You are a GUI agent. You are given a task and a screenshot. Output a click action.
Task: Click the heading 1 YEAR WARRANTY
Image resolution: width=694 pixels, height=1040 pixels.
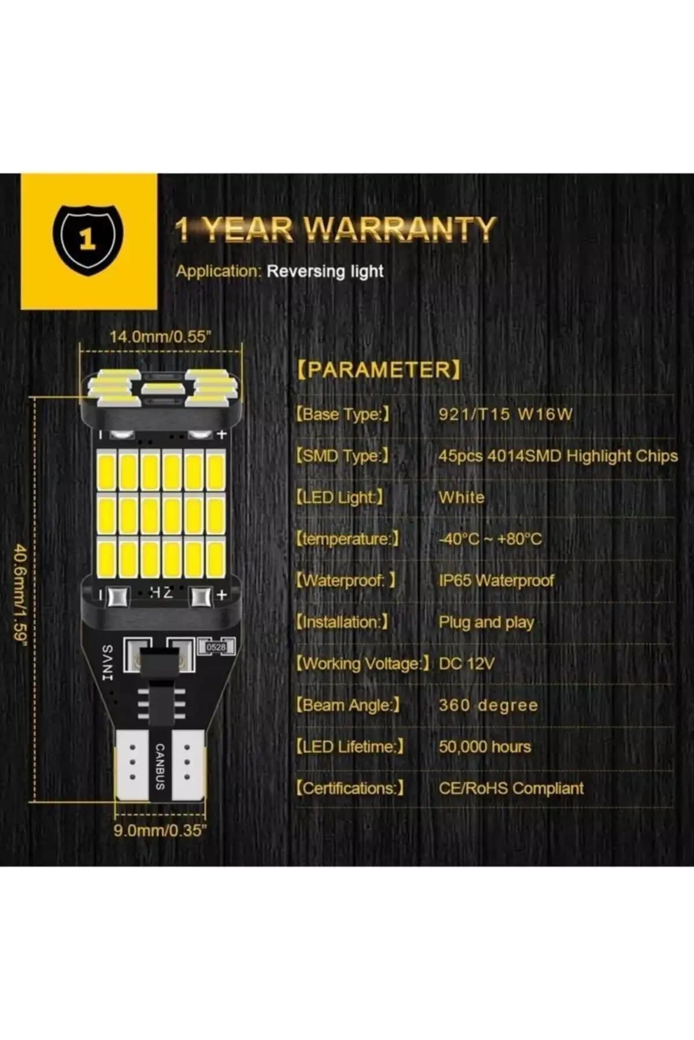pyautogui.click(x=335, y=229)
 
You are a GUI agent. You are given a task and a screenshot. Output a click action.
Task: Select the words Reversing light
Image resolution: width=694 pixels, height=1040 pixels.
pyautogui.click(x=325, y=271)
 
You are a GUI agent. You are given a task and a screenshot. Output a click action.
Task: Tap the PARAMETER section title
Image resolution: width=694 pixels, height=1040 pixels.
pyautogui.click(x=379, y=369)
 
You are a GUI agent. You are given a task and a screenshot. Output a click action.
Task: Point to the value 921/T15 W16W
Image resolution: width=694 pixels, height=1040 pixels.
pyautogui.click(x=505, y=414)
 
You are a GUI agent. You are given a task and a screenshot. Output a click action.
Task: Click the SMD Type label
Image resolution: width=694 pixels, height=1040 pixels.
pyautogui.click(x=342, y=456)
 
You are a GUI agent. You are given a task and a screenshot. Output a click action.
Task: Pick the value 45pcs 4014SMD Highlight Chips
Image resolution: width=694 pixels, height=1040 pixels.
pyautogui.click(x=558, y=456)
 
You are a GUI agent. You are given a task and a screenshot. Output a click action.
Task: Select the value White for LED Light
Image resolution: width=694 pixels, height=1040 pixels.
pyautogui.click(x=462, y=497)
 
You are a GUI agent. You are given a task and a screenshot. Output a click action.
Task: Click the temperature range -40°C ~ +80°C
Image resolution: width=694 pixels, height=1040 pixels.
pyautogui.click(x=490, y=539)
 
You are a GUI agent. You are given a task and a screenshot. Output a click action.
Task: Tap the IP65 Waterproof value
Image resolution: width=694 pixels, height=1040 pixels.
pyautogui.click(x=496, y=580)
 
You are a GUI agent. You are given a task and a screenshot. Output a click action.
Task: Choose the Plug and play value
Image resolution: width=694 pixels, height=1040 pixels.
pyautogui.click(x=486, y=622)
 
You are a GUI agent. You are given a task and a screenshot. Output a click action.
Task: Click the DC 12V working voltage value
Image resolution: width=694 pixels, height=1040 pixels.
pyautogui.click(x=467, y=663)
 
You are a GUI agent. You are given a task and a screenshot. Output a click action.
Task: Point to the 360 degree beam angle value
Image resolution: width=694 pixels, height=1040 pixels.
pyautogui.click(x=488, y=705)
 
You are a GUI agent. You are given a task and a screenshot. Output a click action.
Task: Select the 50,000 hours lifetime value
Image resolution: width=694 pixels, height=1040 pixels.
pyautogui.click(x=485, y=746)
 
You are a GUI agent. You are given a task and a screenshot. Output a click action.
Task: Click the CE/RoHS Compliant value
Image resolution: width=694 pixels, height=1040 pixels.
pyautogui.click(x=511, y=788)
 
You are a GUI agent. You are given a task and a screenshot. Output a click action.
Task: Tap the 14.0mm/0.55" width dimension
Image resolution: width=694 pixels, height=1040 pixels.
pyautogui.click(x=158, y=337)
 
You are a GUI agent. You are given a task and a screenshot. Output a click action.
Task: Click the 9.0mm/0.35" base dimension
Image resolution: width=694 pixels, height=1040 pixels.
pyautogui.click(x=160, y=831)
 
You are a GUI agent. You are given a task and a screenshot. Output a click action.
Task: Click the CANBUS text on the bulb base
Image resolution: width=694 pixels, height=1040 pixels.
pyautogui.click(x=160, y=766)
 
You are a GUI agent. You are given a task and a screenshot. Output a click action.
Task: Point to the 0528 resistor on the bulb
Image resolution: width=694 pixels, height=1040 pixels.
pyautogui.click(x=216, y=648)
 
